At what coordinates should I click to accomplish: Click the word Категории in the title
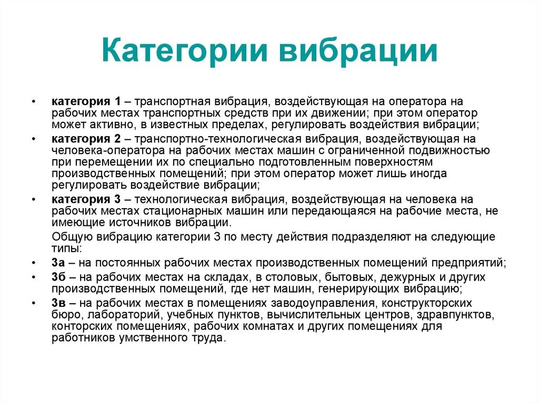(182, 53)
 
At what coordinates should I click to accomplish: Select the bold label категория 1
(86, 101)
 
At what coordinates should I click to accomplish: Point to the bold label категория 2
(86, 139)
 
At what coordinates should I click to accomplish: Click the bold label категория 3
(86, 199)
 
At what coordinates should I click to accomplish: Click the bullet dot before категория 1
(33, 101)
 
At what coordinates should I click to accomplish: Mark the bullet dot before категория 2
(33, 139)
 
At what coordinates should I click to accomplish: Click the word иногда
(428, 173)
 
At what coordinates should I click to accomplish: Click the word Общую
(70, 236)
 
